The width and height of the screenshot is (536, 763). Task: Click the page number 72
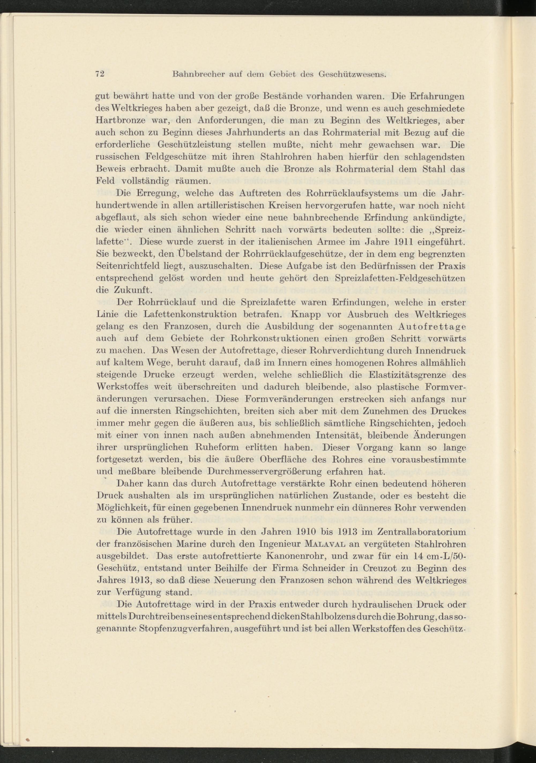tap(100, 74)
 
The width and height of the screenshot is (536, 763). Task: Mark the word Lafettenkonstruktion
tap(190, 314)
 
